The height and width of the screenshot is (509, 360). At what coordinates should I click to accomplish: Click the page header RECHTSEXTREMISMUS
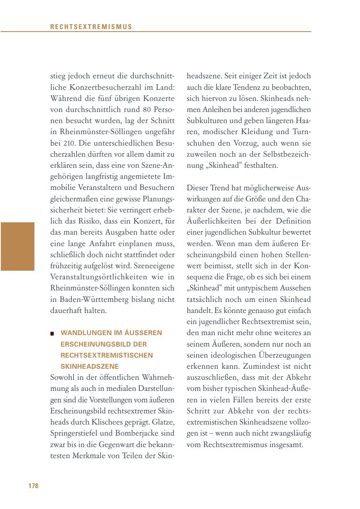pos(91,27)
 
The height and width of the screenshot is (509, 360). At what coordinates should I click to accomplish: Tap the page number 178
pos(33,486)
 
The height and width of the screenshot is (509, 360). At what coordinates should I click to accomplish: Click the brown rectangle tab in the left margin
pos(17,246)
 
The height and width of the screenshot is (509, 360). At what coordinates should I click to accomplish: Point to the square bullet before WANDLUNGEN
pos(52,333)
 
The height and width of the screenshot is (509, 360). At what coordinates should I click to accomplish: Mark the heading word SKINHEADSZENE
pos(89,366)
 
